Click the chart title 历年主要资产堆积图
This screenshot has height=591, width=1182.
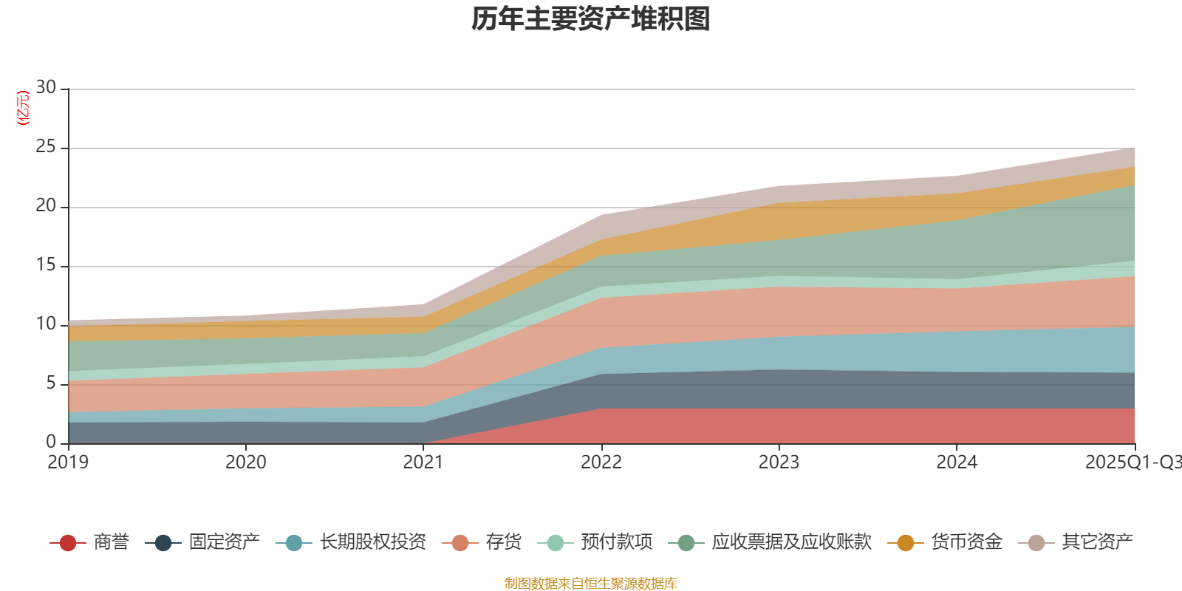(591, 20)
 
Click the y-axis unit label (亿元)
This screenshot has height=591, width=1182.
(23, 108)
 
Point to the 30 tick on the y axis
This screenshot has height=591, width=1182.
(46, 88)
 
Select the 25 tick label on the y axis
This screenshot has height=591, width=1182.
(46, 147)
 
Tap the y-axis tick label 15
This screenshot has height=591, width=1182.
(46, 265)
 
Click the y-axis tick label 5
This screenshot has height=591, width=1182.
(51, 383)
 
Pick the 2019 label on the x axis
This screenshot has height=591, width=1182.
(68, 462)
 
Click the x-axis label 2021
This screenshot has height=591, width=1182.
(423, 462)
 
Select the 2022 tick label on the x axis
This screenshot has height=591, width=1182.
(601, 462)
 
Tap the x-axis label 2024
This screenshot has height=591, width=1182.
(957, 462)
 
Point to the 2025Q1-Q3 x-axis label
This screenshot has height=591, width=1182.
(1132, 462)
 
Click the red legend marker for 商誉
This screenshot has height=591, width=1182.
(68, 543)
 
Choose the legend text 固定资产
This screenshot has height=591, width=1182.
(225, 542)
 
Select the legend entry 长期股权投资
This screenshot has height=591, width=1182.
(373, 542)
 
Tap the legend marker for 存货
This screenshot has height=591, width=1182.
(460, 543)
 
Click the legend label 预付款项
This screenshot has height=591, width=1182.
(616, 542)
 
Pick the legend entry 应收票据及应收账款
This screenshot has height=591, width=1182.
(791, 542)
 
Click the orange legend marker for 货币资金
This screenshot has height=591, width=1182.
(906, 543)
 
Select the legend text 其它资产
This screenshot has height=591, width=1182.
(1097, 542)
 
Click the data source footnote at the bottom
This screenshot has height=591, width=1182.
(591, 584)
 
